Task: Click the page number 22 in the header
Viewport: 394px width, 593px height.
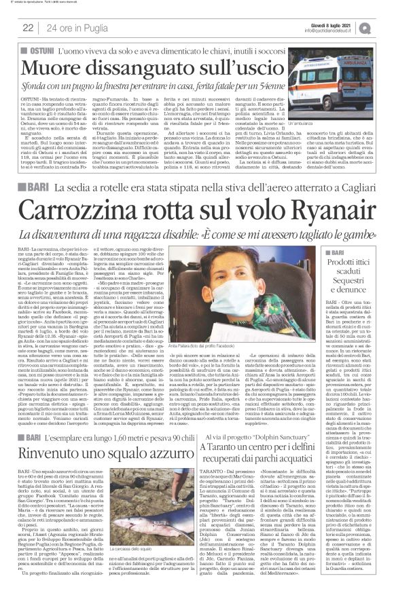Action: click(28, 27)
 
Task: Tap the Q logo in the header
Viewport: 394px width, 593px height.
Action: click(384, 26)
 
